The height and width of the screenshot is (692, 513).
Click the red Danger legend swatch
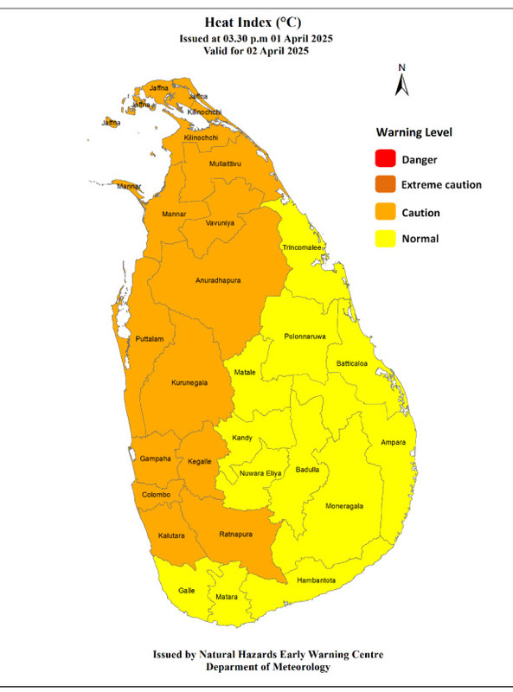385,159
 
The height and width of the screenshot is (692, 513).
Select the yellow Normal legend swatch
385,239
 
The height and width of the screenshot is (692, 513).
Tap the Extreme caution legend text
441,185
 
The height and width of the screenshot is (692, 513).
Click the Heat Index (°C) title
256,22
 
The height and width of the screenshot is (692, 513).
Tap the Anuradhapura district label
217,281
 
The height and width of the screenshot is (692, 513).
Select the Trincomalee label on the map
303,248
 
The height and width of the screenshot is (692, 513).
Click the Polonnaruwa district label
305,336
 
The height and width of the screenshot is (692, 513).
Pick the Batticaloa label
352,363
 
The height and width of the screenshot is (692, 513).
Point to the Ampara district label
393,443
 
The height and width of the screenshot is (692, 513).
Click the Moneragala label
343,506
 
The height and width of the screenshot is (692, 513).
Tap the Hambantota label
316,580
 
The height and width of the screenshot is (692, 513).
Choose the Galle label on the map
187,590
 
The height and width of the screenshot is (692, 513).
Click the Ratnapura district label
234,534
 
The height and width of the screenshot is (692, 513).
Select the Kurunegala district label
189,381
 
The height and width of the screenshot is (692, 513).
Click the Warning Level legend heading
414,133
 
